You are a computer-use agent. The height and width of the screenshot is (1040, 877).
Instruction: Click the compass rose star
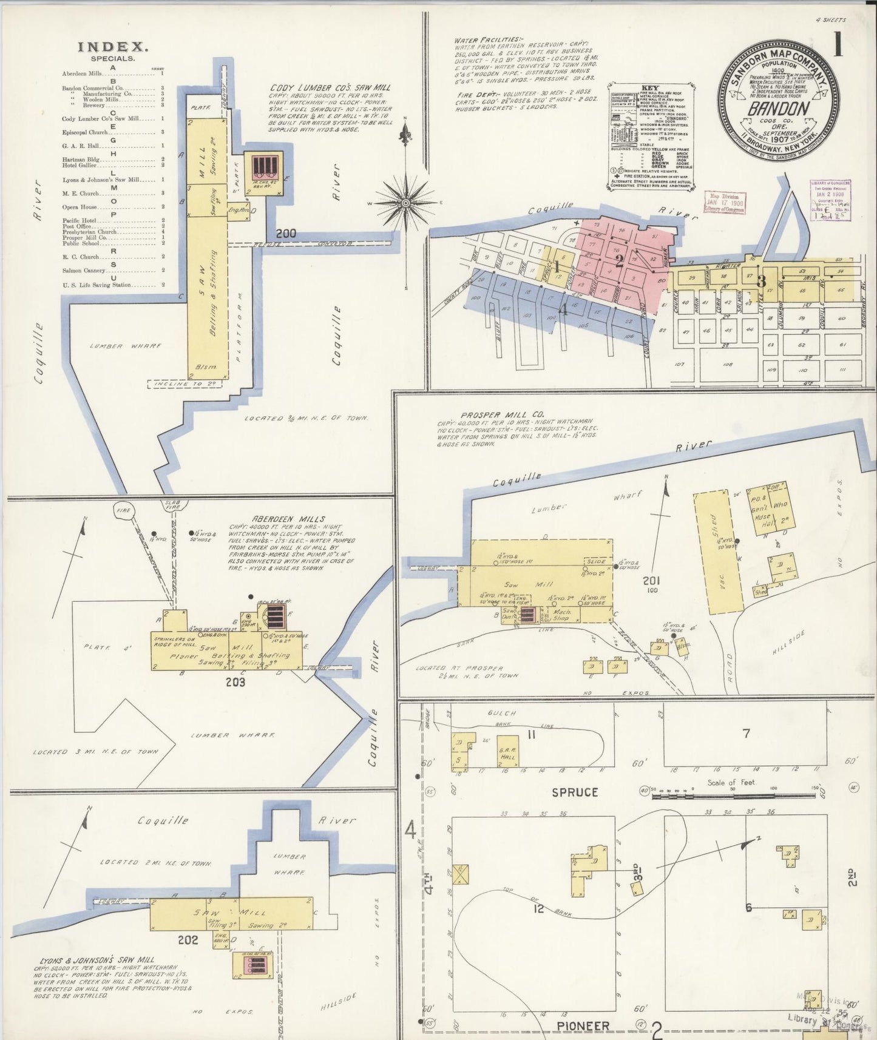click(405, 203)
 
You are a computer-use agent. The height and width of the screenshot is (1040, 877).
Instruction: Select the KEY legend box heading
click(650, 88)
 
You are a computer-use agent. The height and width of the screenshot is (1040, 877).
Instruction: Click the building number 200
click(285, 233)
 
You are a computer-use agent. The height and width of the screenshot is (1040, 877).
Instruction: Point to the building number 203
click(235, 682)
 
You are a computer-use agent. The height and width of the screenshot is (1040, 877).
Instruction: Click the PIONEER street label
click(585, 1025)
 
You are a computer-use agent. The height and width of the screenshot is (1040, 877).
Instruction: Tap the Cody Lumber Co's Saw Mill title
click(330, 87)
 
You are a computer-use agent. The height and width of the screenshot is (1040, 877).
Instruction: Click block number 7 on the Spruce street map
click(746, 734)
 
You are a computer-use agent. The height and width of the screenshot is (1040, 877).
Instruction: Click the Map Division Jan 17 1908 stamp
click(724, 201)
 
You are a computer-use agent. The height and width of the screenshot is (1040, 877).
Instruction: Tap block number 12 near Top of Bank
click(539, 908)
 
